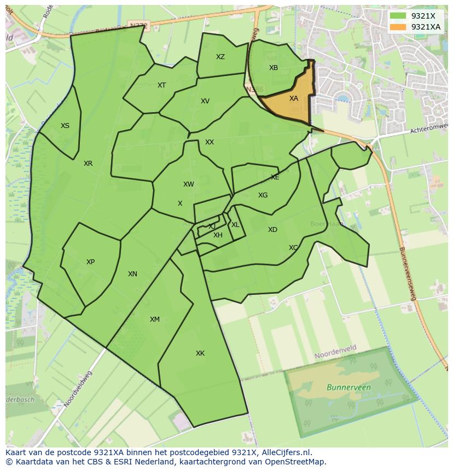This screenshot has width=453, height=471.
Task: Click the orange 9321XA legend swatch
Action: pos(398,27)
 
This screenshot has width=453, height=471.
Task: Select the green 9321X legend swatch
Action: pos(398,16)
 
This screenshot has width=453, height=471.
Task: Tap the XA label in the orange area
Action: pos(294,98)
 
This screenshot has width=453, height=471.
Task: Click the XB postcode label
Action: pos(274,68)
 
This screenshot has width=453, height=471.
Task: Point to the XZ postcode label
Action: pos(220,57)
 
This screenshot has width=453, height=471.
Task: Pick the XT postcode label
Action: pos(161,85)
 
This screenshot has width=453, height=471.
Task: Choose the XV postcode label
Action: pos(205,101)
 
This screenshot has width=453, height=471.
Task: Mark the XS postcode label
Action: pos(65,126)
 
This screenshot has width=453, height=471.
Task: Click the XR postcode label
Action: pos(88,164)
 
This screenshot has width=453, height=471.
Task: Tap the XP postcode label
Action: pos(90,262)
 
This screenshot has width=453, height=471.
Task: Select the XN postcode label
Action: pos(132,274)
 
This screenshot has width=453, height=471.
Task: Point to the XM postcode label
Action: pos(155,319)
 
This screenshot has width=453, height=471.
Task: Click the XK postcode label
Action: pos(200,353)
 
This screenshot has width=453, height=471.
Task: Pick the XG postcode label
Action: pos(263,195)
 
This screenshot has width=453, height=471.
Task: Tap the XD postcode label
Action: pos(272,230)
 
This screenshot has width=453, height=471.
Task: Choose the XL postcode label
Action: pos(235,225)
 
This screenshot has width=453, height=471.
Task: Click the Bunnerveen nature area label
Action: pos(349,387)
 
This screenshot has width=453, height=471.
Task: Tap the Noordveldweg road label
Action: pos(78,389)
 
